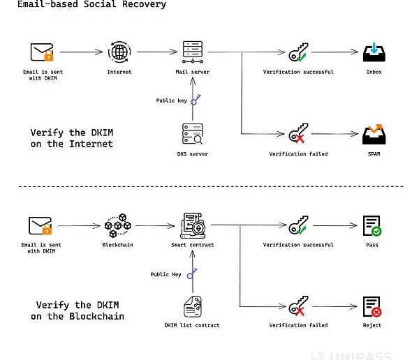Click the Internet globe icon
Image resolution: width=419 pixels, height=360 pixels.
[x=118, y=52]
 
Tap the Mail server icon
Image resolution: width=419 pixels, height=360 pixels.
[x=192, y=52]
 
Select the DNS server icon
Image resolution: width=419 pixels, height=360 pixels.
[x=192, y=134]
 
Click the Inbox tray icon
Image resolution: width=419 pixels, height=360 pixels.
[x=371, y=52]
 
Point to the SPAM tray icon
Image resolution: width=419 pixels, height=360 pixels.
[x=371, y=133]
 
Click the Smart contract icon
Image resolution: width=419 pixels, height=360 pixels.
[x=192, y=225]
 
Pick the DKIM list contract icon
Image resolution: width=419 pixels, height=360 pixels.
[x=192, y=306]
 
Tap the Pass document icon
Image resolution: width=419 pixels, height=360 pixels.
[x=371, y=225]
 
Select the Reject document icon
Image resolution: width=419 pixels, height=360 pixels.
[x=371, y=306]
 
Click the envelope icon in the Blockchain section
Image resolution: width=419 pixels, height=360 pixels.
[x=41, y=226]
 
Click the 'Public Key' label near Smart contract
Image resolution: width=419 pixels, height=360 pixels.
[x=166, y=274]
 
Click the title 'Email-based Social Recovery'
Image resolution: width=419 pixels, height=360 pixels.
[x=83, y=5]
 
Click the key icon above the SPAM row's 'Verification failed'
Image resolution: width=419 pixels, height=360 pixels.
[x=298, y=134]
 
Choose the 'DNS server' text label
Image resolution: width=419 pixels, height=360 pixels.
[x=192, y=154]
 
